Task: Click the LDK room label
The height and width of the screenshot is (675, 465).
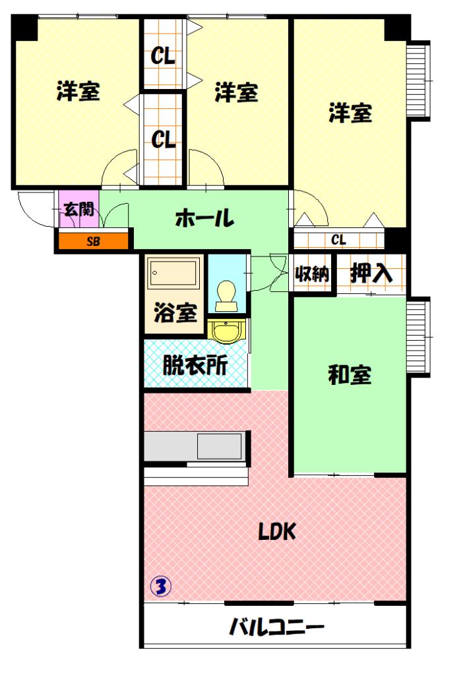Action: point(277,531)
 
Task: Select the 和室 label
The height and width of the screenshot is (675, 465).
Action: point(350,375)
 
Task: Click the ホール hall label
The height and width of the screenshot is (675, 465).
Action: point(205,218)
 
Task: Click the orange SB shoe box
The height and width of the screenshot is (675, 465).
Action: point(93,241)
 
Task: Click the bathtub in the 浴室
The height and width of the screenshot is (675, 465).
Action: point(173,273)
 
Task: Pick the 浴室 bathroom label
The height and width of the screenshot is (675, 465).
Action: point(175,313)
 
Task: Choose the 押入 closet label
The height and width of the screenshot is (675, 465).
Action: point(371,274)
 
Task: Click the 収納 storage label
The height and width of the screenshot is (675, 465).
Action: point(312,274)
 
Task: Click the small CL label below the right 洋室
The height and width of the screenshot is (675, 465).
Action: point(339,239)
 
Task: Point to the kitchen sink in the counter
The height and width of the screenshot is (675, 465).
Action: point(219,447)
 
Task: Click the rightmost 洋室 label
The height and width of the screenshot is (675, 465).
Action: point(350,113)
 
